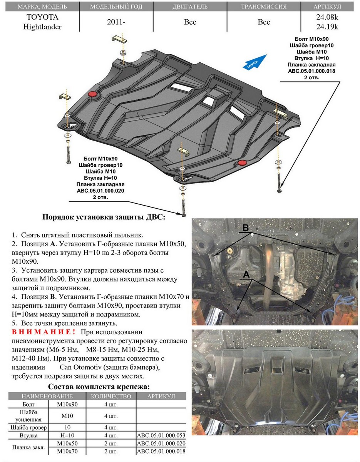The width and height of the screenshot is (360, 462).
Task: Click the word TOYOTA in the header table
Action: [42, 17]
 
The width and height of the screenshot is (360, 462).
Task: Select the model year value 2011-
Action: [116, 22]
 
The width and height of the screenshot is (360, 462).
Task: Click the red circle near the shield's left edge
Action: [92, 94]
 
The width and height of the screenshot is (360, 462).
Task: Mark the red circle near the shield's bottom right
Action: [242, 163]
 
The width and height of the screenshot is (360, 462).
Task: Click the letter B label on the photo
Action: [245, 228]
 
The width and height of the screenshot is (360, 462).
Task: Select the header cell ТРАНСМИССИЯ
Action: [264, 7]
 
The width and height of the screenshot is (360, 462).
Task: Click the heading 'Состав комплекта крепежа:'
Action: [98, 387]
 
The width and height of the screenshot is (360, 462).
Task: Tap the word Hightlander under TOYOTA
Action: [42, 27]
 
